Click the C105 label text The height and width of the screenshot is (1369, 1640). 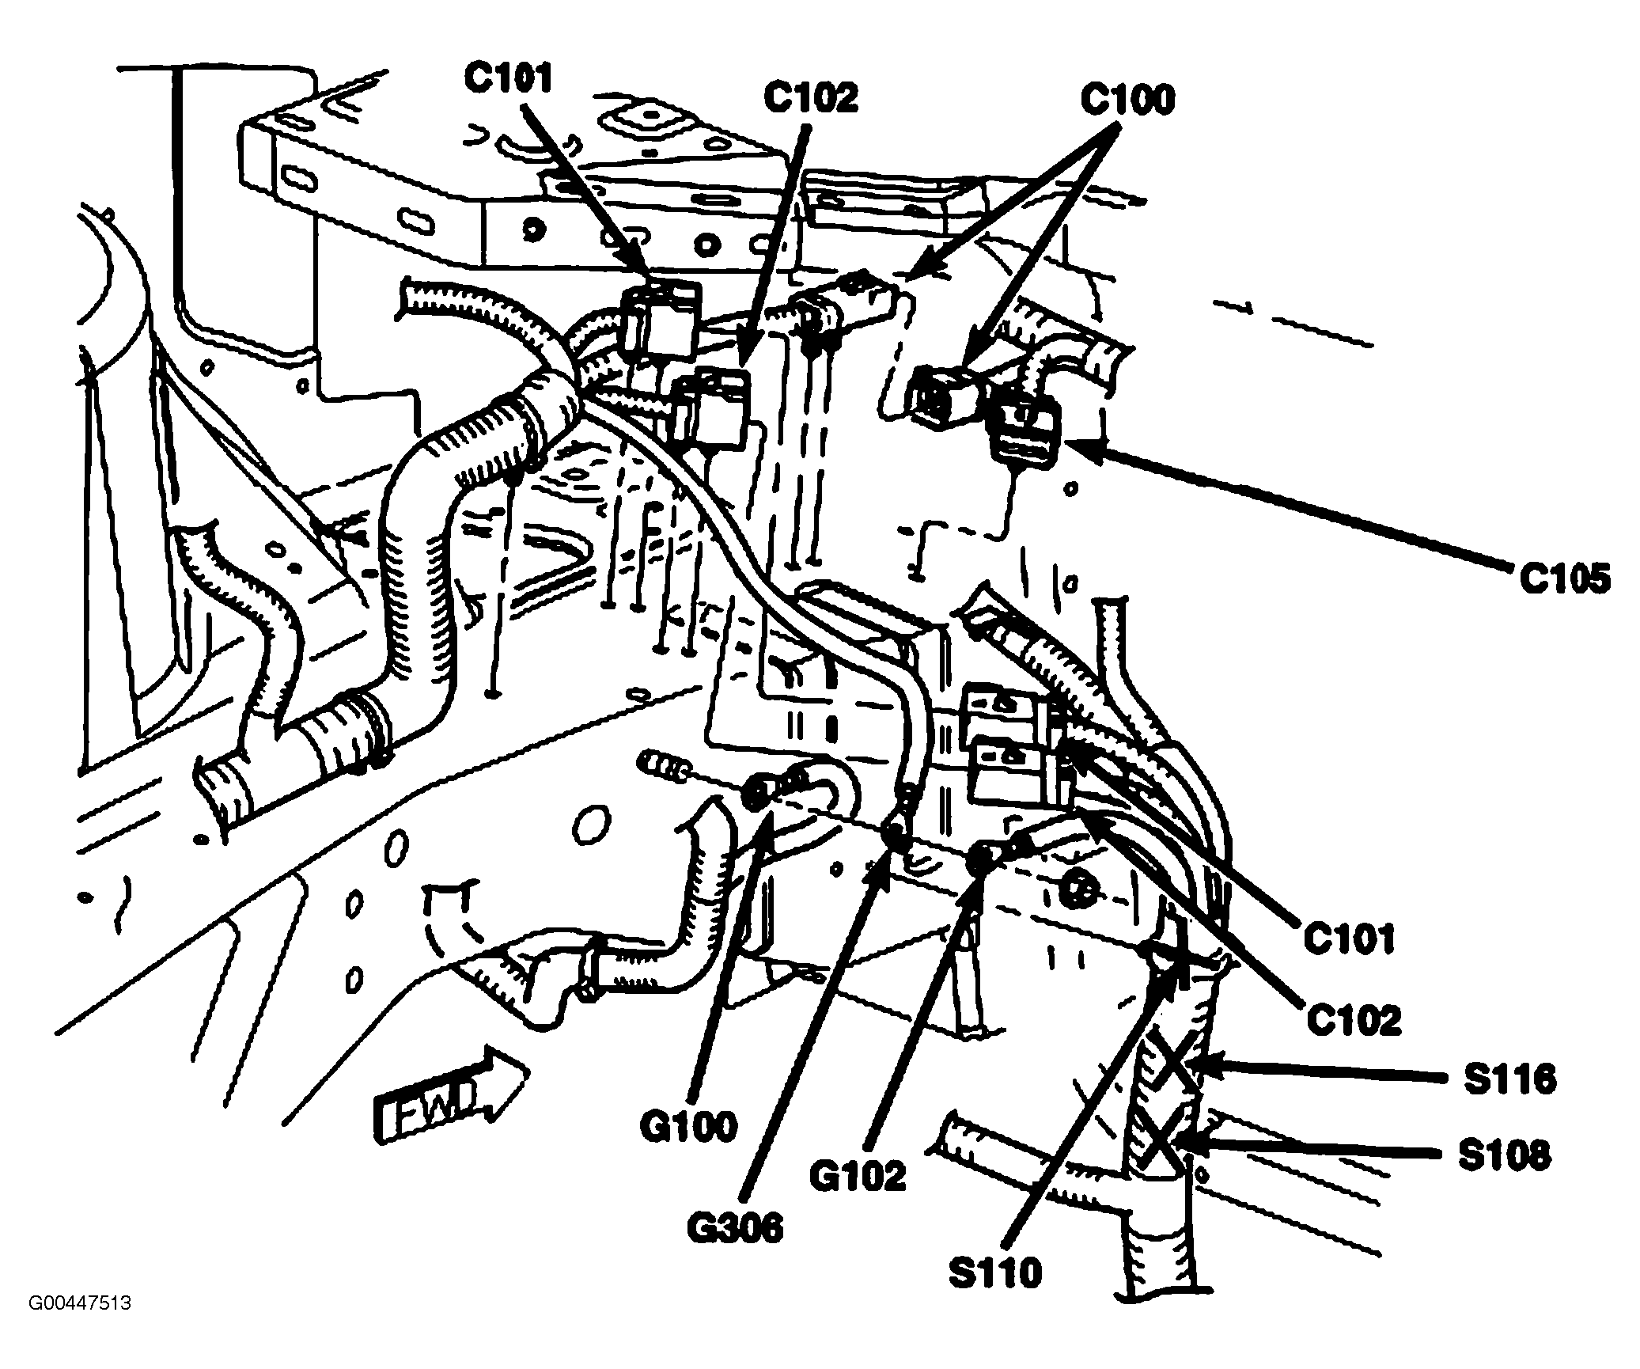pos(1563,580)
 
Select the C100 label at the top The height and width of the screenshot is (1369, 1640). pos(1128,101)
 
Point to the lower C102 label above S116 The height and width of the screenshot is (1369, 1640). pos(1353,1021)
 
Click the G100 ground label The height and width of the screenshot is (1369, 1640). pos(688,1127)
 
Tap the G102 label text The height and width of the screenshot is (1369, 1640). pos(856,1176)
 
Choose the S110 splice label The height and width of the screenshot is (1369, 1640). pos(995,1273)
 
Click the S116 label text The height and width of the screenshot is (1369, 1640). pos(1509,1079)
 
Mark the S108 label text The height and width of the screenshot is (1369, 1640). pos(1504,1156)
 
